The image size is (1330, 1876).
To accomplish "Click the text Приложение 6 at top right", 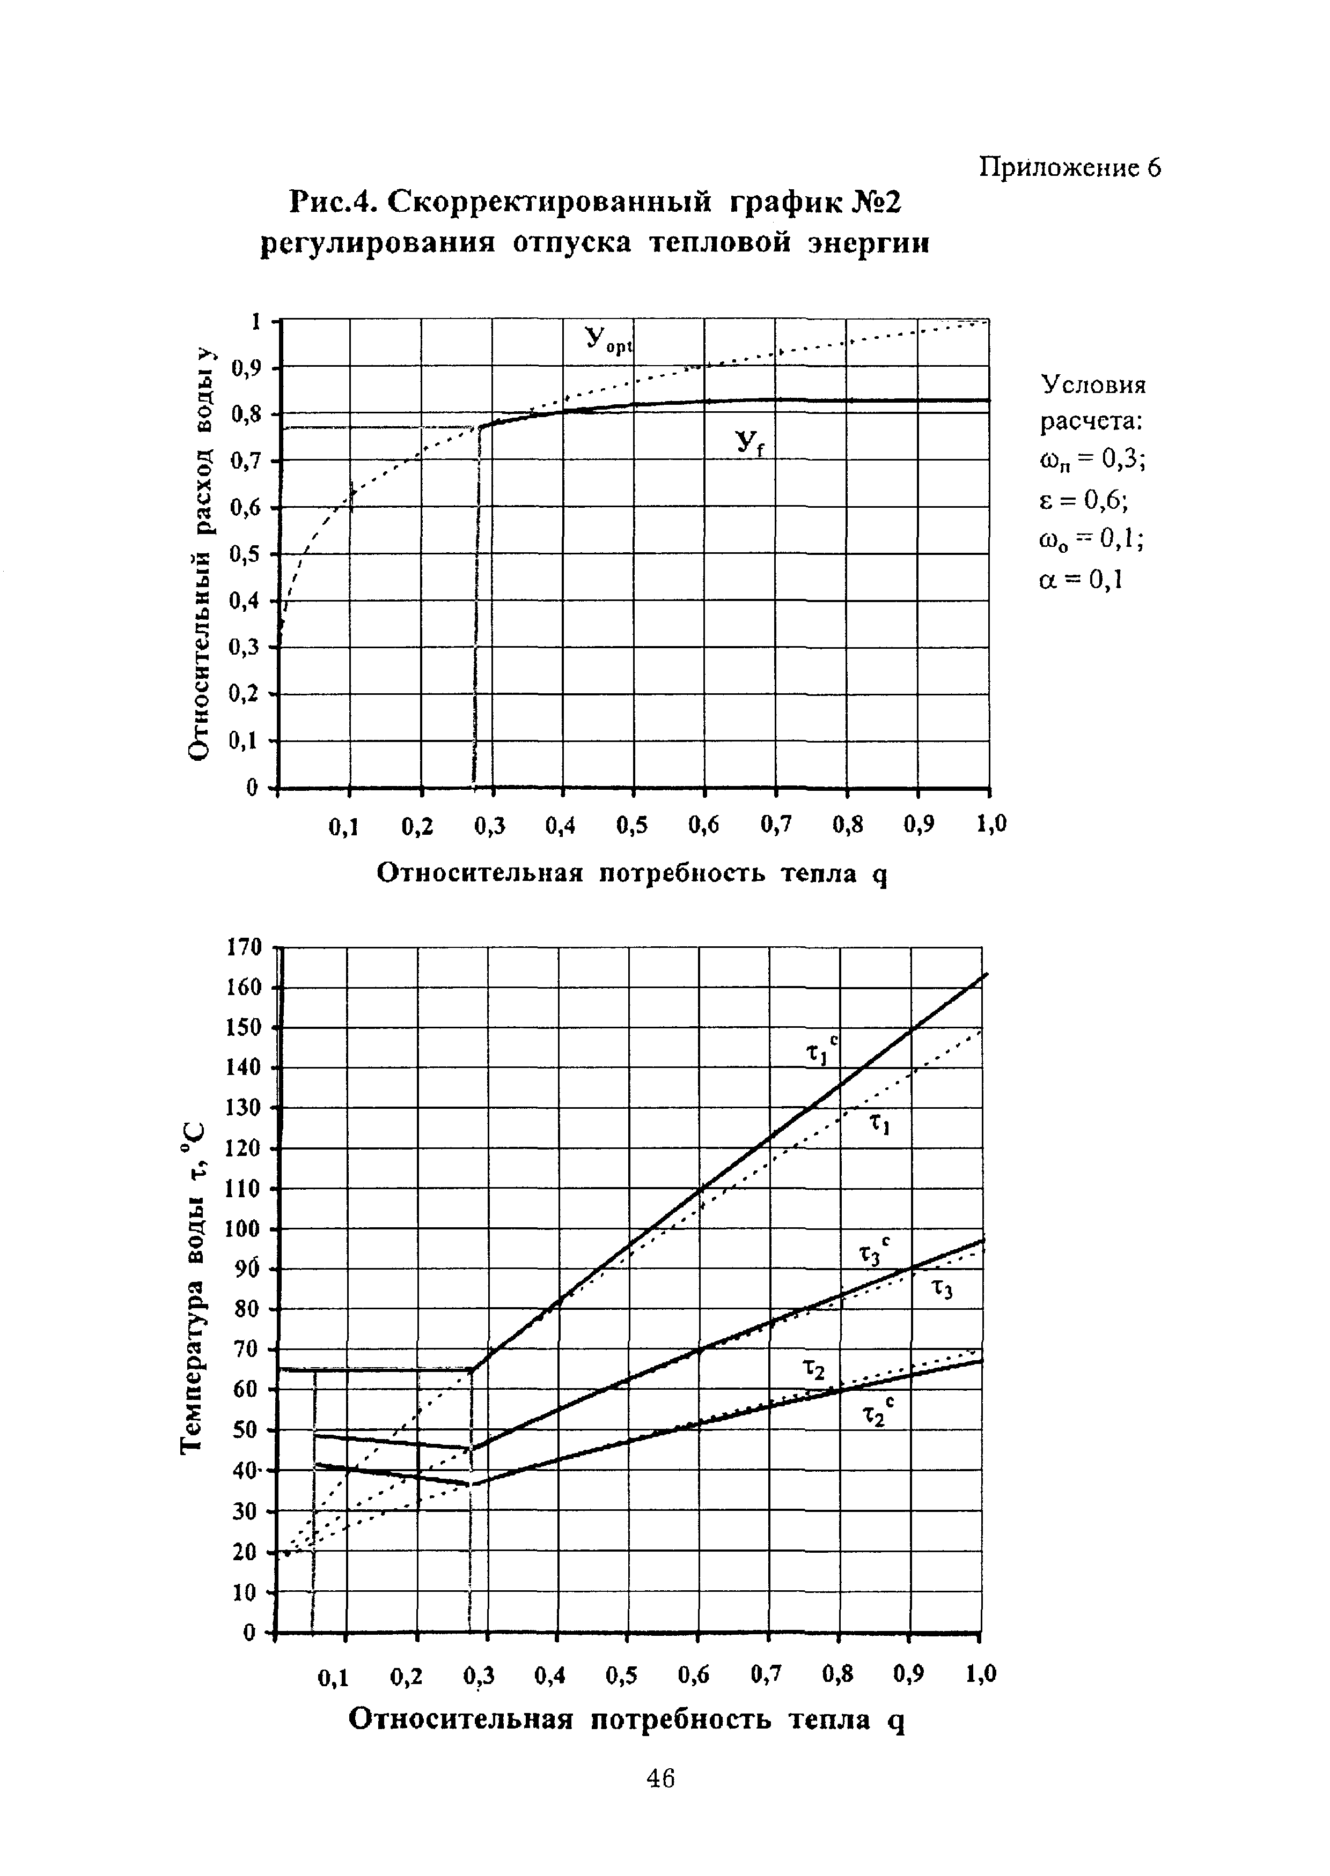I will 1070,168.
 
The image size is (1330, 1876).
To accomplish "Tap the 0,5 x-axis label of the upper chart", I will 632,827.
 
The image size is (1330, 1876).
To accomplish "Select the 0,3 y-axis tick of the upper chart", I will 245,648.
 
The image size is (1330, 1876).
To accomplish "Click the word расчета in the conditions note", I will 1092,422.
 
